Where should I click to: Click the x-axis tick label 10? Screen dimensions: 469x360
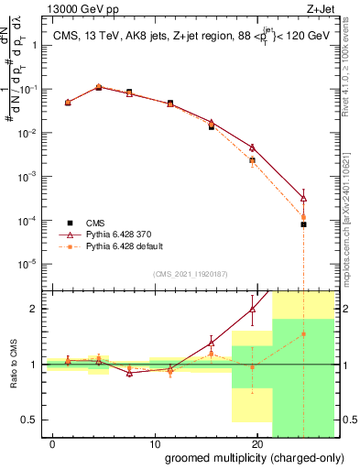click(156, 443)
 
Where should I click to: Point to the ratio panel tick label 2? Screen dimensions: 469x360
click(35, 309)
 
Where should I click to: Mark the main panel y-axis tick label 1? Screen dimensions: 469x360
click(35, 46)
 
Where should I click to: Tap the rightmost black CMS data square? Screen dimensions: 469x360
click(303, 224)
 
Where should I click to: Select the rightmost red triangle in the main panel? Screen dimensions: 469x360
click(303, 198)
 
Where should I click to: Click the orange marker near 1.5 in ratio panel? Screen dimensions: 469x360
click(303, 334)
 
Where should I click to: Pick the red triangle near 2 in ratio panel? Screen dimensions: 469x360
click(252, 310)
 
